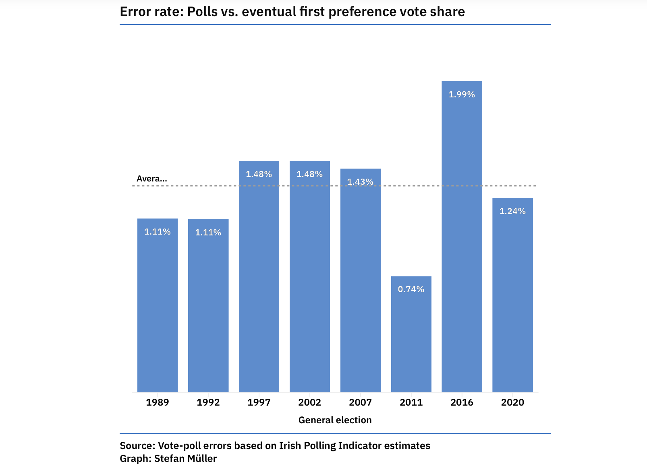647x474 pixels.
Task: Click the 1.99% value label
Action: point(462,95)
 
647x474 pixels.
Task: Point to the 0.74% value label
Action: point(411,289)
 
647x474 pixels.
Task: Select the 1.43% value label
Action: point(360,182)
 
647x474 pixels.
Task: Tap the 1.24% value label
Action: point(512,211)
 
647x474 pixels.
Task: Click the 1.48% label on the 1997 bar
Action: point(259,174)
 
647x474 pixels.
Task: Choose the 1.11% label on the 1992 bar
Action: point(208,233)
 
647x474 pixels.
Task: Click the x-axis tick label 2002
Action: point(309,402)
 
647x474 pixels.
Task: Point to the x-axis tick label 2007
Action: point(360,402)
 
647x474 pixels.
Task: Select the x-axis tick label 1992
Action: point(208,402)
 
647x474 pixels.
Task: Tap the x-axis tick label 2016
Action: point(462,402)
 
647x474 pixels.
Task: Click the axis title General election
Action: point(335,420)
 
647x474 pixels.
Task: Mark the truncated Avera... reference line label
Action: point(151,179)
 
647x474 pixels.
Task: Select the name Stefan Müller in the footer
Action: point(185,459)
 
